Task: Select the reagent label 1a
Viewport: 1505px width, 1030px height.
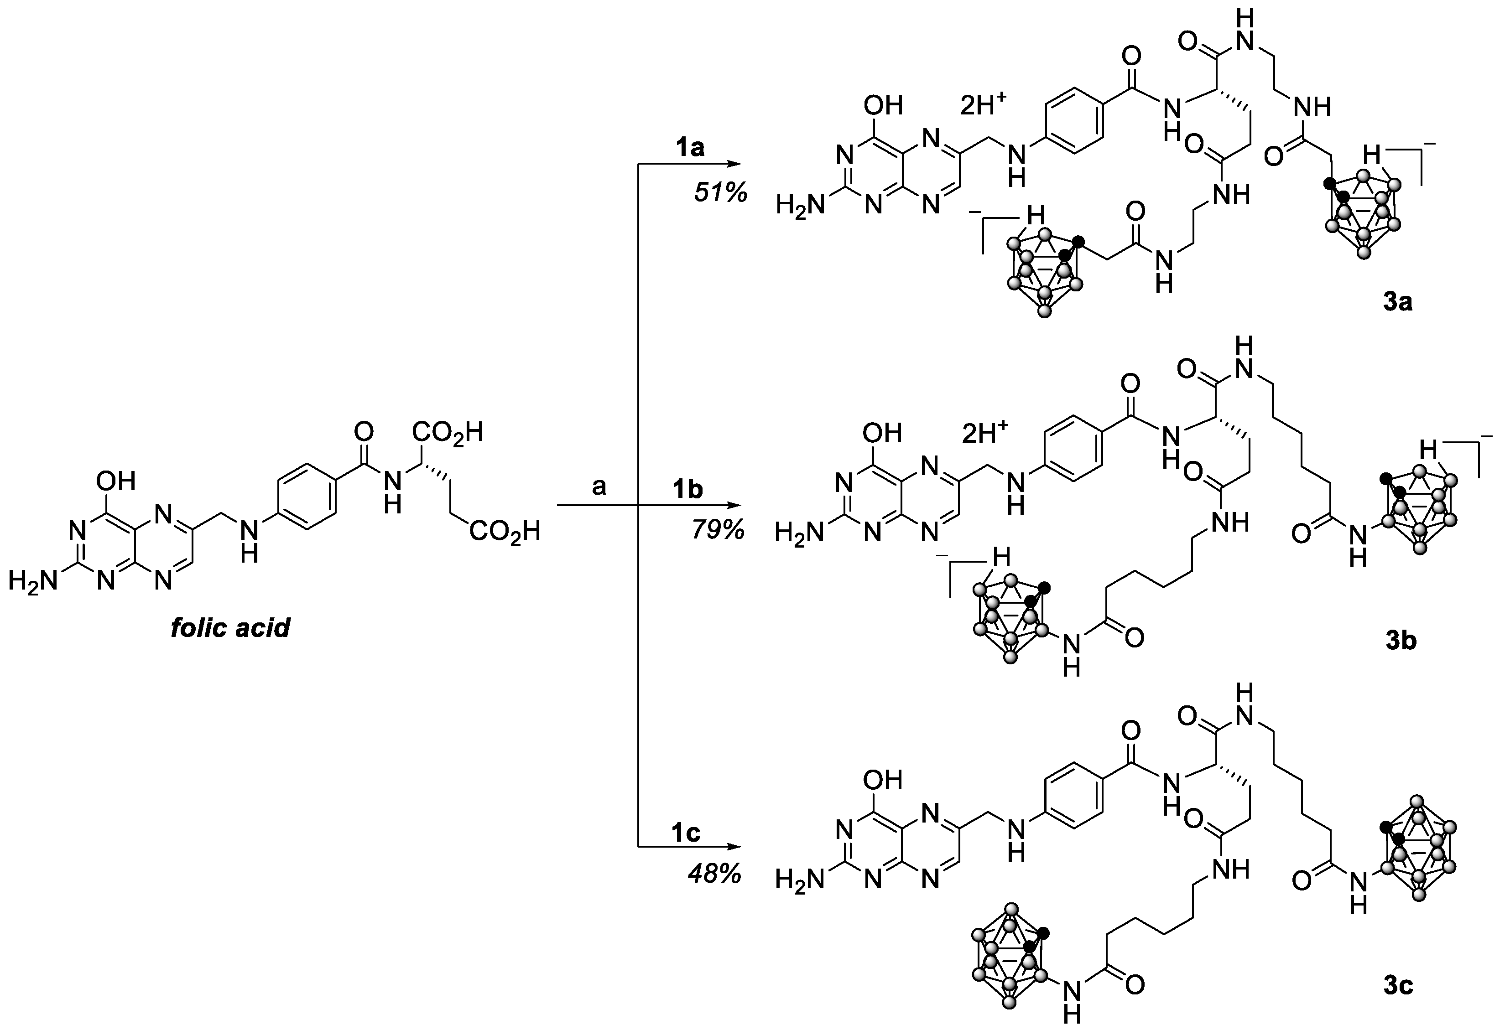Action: point(690,148)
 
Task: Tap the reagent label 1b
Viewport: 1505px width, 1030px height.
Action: point(687,491)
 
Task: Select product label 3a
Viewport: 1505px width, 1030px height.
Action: point(1397,302)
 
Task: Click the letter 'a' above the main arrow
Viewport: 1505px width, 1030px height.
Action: point(599,486)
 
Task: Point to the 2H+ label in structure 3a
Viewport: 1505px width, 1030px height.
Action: point(984,105)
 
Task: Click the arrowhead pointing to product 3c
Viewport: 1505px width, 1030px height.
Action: point(733,846)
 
